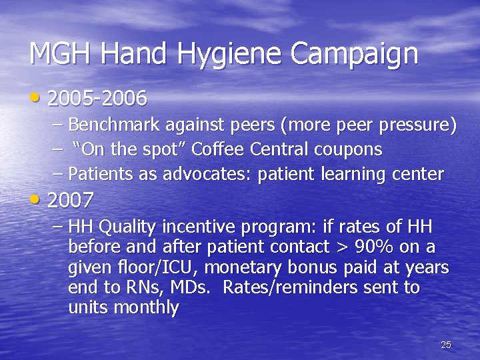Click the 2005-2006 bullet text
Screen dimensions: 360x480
click(97, 99)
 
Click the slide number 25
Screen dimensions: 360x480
click(446, 345)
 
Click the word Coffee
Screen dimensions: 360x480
click(217, 149)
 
